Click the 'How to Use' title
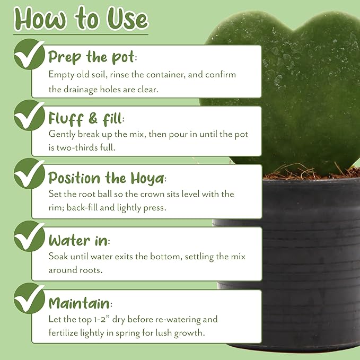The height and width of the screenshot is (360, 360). (81, 19)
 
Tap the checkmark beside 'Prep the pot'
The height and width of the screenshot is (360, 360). (29, 54)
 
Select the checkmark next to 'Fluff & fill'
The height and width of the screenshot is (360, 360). (29, 115)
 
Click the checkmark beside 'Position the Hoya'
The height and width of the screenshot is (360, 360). (29, 173)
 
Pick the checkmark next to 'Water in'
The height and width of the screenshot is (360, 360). (29, 236)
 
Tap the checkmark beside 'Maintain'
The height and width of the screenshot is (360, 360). (29, 298)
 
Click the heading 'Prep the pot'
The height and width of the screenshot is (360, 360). (93, 57)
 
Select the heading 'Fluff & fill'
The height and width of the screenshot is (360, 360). (86, 119)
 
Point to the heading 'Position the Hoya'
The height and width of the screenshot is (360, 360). (107, 178)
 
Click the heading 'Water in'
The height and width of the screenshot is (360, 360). (79, 241)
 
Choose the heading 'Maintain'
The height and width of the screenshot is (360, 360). (81, 303)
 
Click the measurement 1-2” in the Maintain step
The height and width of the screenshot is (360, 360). (102, 319)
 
